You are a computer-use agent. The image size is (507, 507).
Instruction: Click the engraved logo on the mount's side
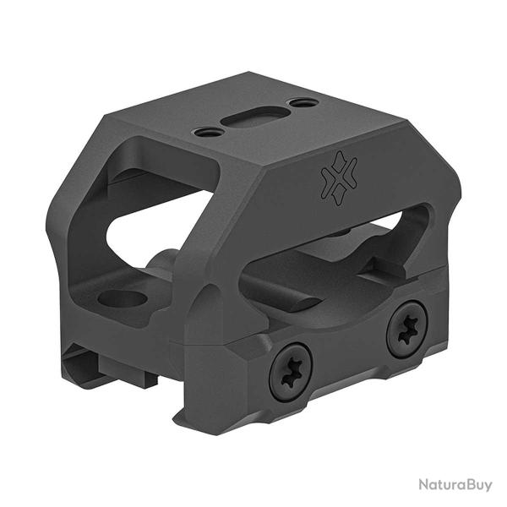click(x=339, y=177)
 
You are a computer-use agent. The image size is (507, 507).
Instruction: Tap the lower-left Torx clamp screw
click(x=291, y=372)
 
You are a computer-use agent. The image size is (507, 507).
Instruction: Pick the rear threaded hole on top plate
click(x=303, y=103)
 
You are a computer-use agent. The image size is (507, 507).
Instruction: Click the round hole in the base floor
click(x=123, y=298)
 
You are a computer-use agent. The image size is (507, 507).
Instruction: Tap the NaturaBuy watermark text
click(x=455, y=485)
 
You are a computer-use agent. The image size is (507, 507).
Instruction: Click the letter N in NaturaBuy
click(x=424, y=485)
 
